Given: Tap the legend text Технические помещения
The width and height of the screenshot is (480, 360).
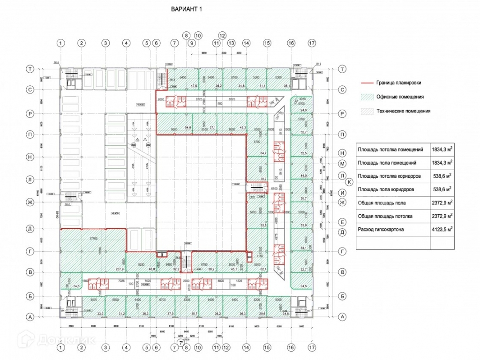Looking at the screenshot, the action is click(403, 111).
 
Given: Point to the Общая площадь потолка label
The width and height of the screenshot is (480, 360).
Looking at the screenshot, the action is click(385, 216).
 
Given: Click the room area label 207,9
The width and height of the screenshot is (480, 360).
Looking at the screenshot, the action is click(119, 269).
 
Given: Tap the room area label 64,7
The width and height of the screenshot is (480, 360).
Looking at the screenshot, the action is click(262, 153).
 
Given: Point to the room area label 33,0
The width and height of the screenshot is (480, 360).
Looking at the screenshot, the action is click(87, 313).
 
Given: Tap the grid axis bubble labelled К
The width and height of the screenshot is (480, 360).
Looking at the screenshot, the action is click(348, 182).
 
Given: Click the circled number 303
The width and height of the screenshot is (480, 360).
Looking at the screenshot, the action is click(134, 146).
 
